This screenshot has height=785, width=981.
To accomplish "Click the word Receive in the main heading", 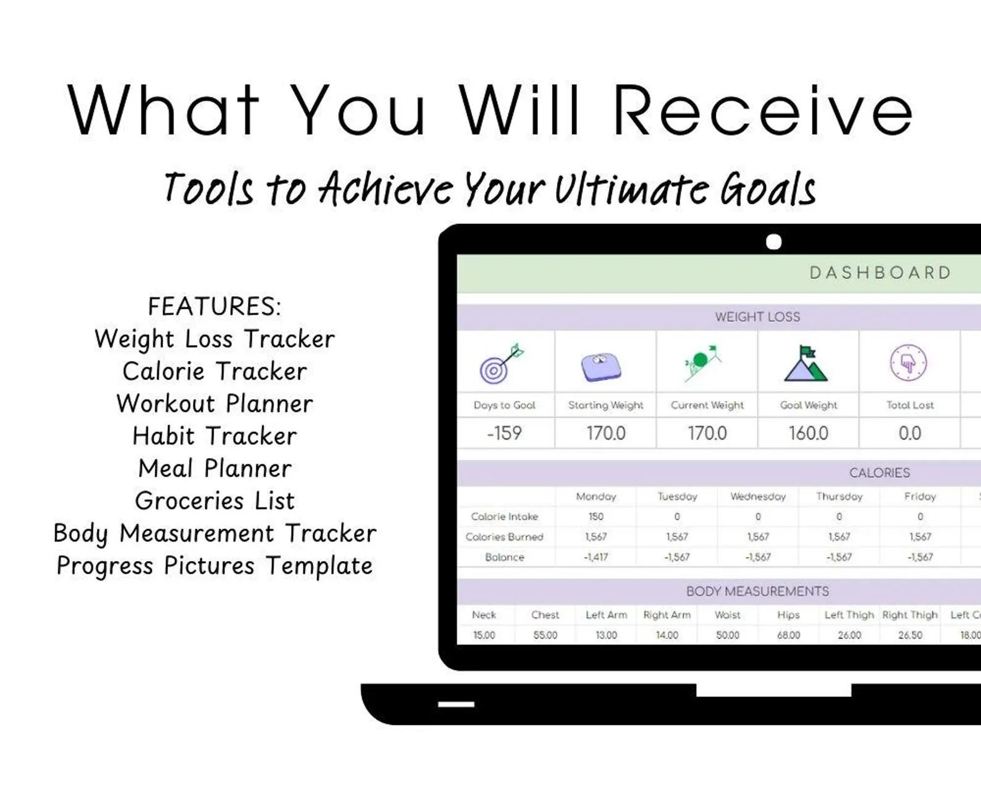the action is [x=763, y=111].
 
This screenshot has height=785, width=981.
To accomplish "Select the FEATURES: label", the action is [x=215, y=306].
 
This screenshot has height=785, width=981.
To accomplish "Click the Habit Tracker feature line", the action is [x=215, y=436].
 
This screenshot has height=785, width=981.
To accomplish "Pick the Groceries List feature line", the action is [x=215, y=501].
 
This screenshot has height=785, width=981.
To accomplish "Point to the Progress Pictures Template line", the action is [x=215, y=566].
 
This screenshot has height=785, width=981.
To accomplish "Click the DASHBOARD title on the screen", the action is [x=880, y=273].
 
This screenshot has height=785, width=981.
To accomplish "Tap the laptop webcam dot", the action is [x=773, y=242].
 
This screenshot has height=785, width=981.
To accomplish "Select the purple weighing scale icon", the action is [x=601, y=367].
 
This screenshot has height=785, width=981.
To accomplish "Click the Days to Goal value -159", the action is [x=504, y=433].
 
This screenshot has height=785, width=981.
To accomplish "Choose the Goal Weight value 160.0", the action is [x=809, y=433].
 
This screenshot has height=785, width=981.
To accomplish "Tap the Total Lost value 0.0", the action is [x=910, y=433].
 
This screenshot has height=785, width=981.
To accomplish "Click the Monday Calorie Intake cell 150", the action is [x=596, y=516].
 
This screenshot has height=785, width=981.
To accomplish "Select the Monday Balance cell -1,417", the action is [x=596, y=557].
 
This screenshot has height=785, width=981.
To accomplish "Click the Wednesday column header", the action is [x=758, y=496].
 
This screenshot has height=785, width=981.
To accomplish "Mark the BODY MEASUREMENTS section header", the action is [x=757, y=591].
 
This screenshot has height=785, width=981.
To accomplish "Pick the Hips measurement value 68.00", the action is [x=789, y=635].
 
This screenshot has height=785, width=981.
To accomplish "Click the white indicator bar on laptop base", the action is [x=457, y=704].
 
